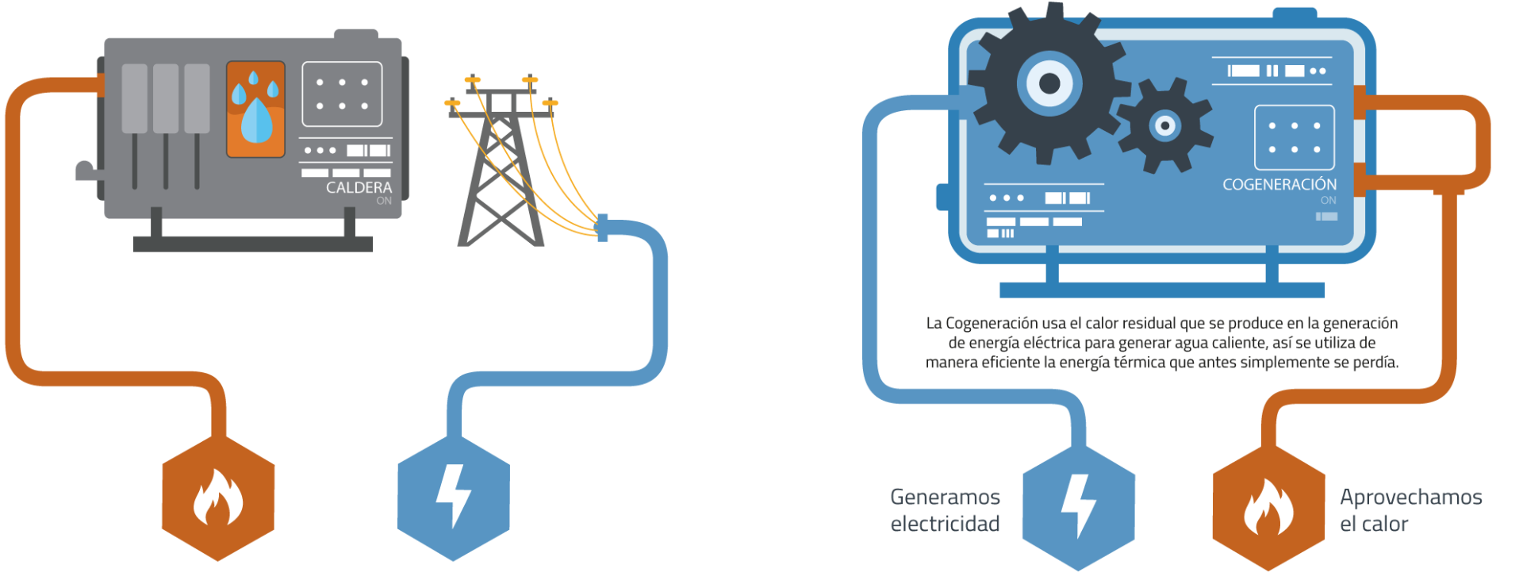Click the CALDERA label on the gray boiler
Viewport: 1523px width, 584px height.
[359, 187]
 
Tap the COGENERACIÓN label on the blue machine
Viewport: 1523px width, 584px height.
[1279, 184]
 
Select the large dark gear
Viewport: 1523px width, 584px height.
[1049, 83]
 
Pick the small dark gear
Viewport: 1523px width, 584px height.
[1164, 125]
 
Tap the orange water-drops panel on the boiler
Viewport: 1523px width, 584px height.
[255, 109]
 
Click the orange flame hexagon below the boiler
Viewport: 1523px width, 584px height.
[218, 498]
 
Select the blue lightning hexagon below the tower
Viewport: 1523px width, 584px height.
[453, 498]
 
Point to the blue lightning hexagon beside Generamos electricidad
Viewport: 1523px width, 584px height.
[1078, 508]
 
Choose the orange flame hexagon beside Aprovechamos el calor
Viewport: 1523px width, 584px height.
[1268, 508]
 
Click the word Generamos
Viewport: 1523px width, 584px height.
[945, 497]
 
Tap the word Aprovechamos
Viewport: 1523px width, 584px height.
[1411, 498]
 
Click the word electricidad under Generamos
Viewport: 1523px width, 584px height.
[945, 524]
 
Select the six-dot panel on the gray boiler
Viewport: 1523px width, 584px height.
[342, 94]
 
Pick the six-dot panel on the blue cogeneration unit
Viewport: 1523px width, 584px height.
[1295, 137]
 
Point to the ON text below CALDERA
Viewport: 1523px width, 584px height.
[384, 201]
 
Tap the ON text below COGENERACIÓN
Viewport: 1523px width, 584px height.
[1329, 200]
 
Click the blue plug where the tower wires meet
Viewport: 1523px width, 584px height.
[602, 228]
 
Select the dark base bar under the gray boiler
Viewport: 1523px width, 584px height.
[253, 244]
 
